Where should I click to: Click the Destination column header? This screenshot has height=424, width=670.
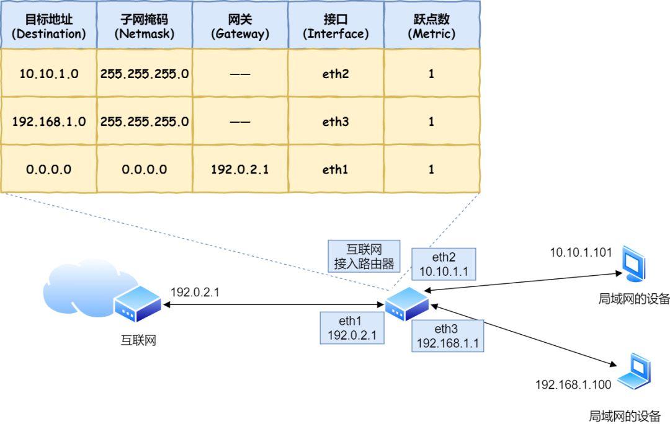(x=48, y=26)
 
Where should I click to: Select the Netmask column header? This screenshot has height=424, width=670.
(x=144, y=26)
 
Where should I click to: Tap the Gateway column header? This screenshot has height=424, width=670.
(x=239, y=26)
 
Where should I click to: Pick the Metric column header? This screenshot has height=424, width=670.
(x=431, y=26)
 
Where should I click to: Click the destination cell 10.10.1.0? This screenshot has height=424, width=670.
(x=48, y=74)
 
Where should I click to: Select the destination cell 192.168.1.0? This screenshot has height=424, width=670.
(x=48, y=121)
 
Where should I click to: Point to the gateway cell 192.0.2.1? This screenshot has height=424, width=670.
(x=239, y=169)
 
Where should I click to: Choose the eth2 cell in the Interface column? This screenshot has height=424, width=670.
(x=336, y=74)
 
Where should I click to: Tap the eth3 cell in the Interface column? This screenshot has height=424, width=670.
(x=336, y=121)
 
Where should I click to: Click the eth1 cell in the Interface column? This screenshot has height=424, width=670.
(x=336, y=169)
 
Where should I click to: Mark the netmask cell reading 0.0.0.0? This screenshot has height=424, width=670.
(x=144, y=169)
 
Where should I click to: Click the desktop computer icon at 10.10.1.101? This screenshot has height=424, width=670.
(x=634, y=265)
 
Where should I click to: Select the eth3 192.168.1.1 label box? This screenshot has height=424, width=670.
(x=447, y=335)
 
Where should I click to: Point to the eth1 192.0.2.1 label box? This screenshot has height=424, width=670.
(x=352, y=328)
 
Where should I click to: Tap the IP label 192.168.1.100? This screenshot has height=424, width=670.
(x=573, y=385)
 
